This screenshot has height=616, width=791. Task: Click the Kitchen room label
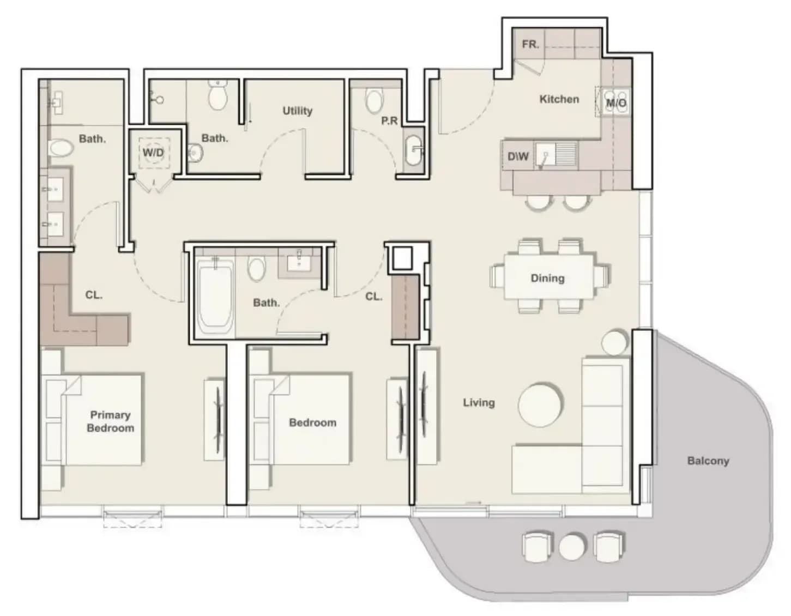pyautogui.click(x=559, y=99)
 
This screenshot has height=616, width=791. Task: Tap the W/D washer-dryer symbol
pyautogui.click(x=154, y=153)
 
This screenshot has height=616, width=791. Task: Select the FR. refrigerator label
pyautogui.click(x=530, y=44)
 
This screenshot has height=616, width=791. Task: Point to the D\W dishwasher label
pyautogui.click(x=518, y=156)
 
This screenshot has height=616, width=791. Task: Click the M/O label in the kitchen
pyautogui.click(x=616, y=103)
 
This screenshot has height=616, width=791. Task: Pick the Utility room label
pyautogui.click(x=298, y=111)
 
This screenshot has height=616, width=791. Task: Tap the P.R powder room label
pyautogui.click(x=389, y=121)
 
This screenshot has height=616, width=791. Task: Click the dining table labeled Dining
pyautogui.click(x=548, y=277)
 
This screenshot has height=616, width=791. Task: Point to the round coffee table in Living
pyautogui.click(x=540, y=404)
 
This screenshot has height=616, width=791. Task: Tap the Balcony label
pyautogui.click(x=708, y=461)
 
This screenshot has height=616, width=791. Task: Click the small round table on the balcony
pyautogui.click(x=571, y=546)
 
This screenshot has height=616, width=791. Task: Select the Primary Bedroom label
pyautogui.click(x=110, y=421)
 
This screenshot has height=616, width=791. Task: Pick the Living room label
pyautogui.click(x=479, y=402)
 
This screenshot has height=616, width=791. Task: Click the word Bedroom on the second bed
pyautogui.click(x=312, y=422)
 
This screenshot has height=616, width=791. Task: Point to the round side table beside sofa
pyautogui.click(x=614, y=342)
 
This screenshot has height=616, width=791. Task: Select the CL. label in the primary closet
pyautogui.click(x=94, y=295)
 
